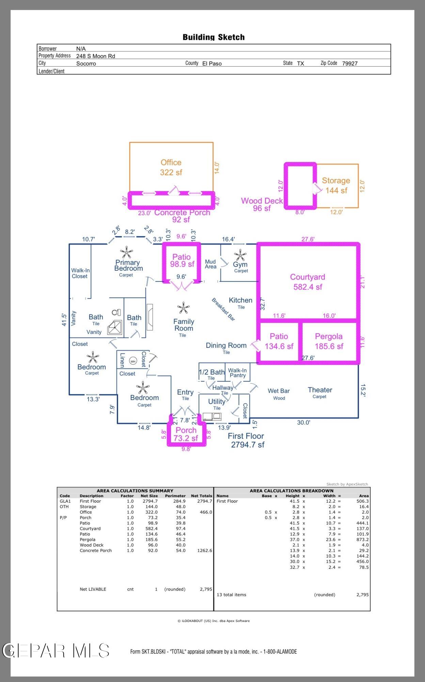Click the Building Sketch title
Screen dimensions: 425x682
coord(214,37)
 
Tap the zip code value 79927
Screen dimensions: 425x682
coord(350,63)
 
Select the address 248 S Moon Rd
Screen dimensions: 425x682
coord(96,56)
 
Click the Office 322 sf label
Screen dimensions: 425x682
coord(171,167)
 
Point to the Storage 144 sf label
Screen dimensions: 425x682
coord(336,186)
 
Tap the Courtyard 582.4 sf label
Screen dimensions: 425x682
coord(308,282)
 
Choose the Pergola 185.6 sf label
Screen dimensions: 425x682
coord(329,341)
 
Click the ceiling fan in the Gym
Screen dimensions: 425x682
coord(240,255)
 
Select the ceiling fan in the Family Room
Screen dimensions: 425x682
coord(183,308)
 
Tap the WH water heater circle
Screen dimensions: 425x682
coord(133,361)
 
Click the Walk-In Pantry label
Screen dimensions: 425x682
coord(237,373)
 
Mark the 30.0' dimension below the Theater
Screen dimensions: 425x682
coord(303,422)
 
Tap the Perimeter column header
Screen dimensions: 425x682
coord(175,496)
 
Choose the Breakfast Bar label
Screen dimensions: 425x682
coord(223,309)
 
